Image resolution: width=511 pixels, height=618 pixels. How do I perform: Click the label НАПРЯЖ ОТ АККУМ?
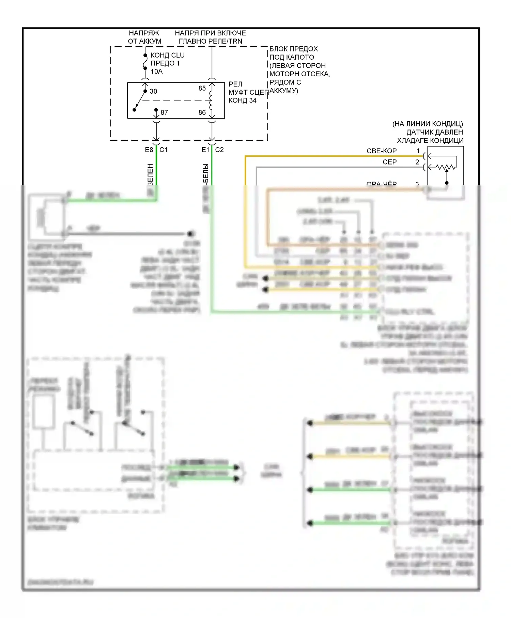click(x=144, y=37)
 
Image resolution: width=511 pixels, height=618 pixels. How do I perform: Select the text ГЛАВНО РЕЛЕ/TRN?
click(x=210, y=41)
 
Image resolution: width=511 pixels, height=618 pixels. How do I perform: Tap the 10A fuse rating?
click(x=157, y=72)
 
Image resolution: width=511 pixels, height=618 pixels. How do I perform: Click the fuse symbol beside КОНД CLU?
click(x=145, y=62)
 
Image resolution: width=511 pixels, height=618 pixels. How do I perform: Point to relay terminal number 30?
click(x=153, y=91)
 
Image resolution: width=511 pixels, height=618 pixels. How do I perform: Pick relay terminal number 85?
click(x=202, y=88)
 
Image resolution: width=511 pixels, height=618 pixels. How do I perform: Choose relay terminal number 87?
click(x=164, y=112)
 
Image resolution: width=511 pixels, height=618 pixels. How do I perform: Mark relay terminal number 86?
click(x=202, y=112)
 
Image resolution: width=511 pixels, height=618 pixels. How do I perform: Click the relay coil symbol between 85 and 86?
click(x=211, y=100)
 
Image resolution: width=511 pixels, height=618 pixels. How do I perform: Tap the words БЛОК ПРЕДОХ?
click(x=293, y=49)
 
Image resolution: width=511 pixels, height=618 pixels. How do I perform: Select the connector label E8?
click(x=149, y=150)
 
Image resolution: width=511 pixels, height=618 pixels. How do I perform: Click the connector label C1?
click(x=164, y=150)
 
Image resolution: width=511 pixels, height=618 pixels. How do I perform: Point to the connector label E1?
click(x=205, y=150)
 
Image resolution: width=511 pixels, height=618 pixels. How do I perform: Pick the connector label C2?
click(x=219, y=150)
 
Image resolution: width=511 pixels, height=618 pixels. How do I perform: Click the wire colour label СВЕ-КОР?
click(x=382, y=151)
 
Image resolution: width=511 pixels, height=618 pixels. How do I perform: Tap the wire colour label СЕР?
click(x=389, y=162)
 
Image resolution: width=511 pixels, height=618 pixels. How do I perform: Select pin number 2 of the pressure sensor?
click(x=417, y=162)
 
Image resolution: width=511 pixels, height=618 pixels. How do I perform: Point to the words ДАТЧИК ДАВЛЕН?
click(x=435, y=132)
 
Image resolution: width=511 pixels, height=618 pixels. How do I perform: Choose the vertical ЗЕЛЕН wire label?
click(x=150, y=174)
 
